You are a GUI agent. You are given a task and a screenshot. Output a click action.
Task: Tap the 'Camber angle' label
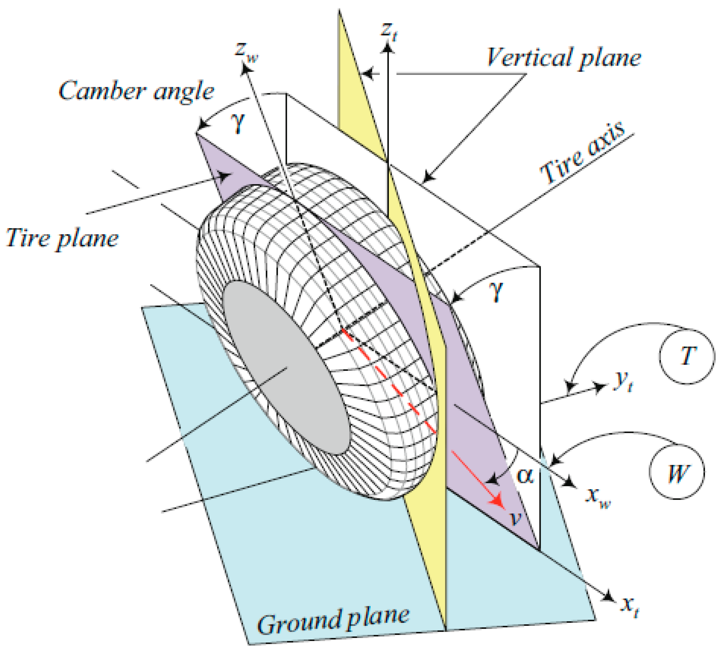(x=136, y=91)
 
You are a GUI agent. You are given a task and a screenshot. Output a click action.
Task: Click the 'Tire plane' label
(x=62, y=238)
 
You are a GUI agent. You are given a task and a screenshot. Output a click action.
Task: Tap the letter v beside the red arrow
(x=516, y=518)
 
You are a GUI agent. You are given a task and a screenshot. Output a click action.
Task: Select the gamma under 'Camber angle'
(x=238, y=123)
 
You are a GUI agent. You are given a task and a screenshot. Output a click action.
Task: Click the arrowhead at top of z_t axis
(x=388, y=47)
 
